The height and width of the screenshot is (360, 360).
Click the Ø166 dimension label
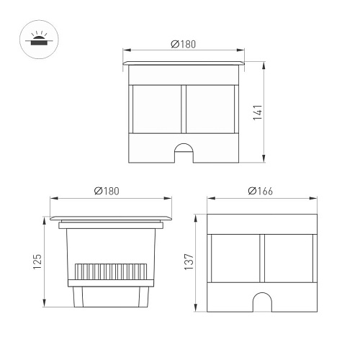[261, 191]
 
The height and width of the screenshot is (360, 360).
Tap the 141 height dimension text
[258, 112]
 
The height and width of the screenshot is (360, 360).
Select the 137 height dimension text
[189, 261]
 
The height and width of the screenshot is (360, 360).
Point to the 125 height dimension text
[37, 261]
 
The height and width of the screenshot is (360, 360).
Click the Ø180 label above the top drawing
[184, 44]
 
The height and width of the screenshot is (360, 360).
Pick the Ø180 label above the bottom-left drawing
[107, 191]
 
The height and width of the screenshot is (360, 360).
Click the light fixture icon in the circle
[39, 39]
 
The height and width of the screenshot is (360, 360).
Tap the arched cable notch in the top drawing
[184, 153]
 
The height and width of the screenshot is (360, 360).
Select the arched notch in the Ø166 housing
[262, 302]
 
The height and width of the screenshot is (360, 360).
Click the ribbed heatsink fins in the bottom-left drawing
[111, 271]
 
